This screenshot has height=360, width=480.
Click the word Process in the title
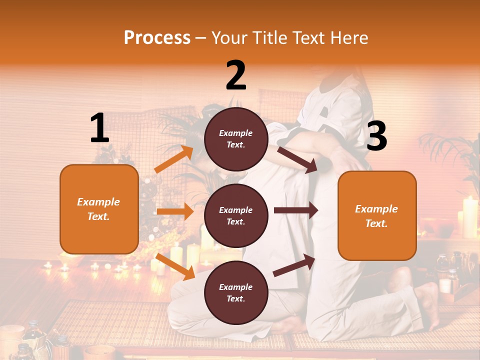coord(157,37)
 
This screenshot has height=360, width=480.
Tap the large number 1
coord(99,128)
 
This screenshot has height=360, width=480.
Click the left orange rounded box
coord(99,209)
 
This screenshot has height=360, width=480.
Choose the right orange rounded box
coord(377,216)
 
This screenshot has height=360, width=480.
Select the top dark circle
coord(236,139)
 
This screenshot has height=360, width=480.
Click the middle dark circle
coord(236,215)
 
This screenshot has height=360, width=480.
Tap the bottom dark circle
coord(236,292)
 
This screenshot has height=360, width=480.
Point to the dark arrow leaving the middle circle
coord(295,210)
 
